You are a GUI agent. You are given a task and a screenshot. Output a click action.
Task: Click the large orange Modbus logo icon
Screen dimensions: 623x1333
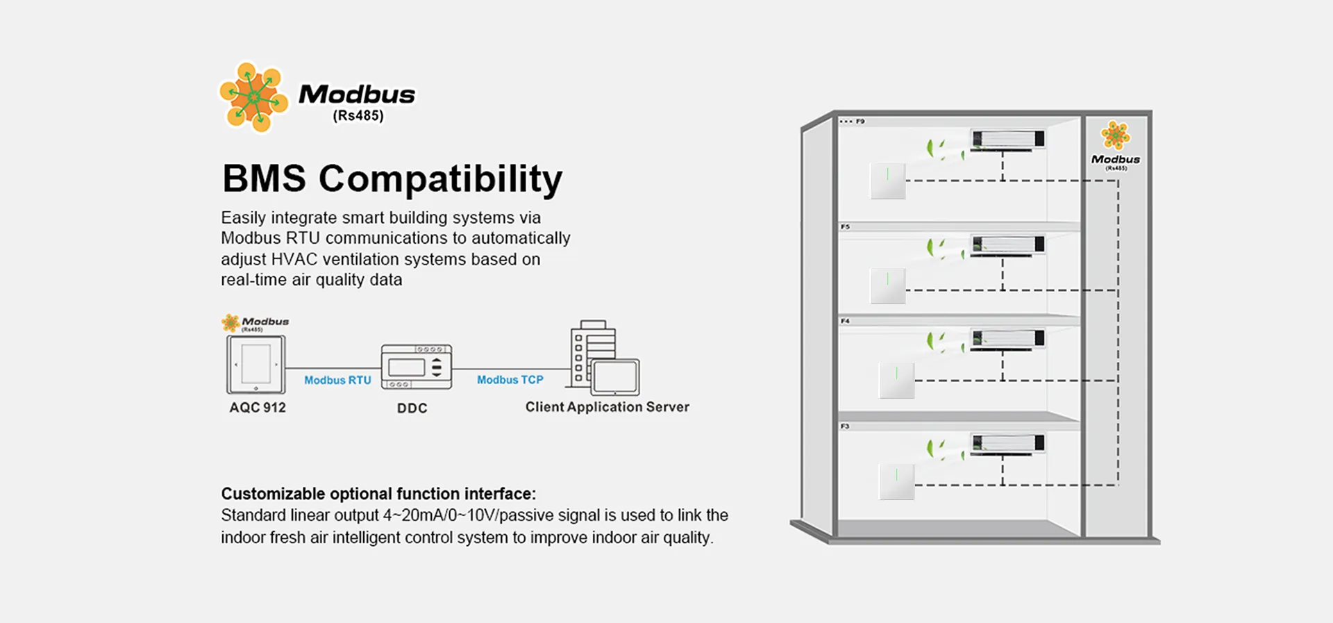pos(253,97)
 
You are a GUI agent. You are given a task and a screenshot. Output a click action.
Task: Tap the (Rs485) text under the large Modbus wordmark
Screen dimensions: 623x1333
pos(358,116)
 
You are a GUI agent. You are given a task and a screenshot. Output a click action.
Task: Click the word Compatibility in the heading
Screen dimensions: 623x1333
pos(440,178)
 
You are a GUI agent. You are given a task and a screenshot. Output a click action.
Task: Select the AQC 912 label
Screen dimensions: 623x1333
pos(258,408)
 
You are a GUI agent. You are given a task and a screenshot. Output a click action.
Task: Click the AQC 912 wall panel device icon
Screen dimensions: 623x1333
pos(256,365)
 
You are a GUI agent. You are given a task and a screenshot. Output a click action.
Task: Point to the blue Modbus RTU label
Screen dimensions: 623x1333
pos(337,380)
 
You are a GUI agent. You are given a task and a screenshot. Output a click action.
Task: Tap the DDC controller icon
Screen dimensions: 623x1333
pos(417,366)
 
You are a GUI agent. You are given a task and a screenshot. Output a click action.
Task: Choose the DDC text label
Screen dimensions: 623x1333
pos(412,408)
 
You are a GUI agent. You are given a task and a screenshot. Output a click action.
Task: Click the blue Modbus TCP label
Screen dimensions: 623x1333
pos(510,380)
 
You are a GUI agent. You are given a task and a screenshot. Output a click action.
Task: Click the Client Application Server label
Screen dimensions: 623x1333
pos(607,407)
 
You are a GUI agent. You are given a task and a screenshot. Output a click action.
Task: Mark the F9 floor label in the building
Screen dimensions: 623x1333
pos(860,122)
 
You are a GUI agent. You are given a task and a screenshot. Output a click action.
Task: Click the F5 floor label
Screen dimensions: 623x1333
pos(845,227)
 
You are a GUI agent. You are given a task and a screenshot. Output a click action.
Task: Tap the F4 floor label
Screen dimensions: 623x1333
pos(845,321)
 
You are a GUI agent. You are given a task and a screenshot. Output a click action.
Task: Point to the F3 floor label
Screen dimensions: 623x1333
pos(845,426)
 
